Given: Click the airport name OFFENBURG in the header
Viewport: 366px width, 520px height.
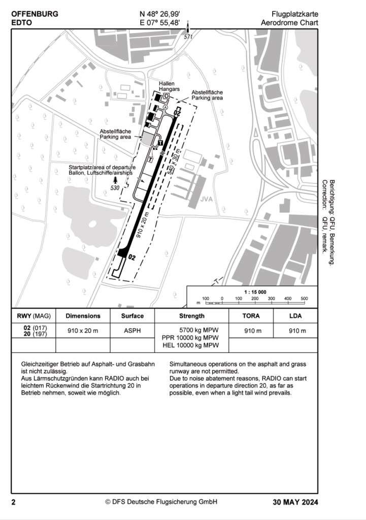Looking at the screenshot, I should click(35, 14).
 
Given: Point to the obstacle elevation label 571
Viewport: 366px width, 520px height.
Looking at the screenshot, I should click(188, 37).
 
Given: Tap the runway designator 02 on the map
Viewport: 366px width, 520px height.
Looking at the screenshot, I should click(132, 257).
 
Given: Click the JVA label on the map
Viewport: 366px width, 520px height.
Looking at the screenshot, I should click(206, 199).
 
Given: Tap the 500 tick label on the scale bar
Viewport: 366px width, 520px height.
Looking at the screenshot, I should click(304, 298).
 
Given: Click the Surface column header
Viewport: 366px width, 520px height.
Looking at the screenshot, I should click(132, 316).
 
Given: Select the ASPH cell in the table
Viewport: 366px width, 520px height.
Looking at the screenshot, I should click(132, 331).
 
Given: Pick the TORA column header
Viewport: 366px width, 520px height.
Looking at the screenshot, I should click(251, 316).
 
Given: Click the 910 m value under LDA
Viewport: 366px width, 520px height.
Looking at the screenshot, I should click(296, 331).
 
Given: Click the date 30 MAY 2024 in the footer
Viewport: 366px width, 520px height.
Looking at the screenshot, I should click(295, 502).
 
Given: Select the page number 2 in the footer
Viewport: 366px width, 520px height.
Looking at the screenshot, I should click(14, 502).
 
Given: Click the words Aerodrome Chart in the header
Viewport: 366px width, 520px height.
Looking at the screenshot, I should click(289, 23).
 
